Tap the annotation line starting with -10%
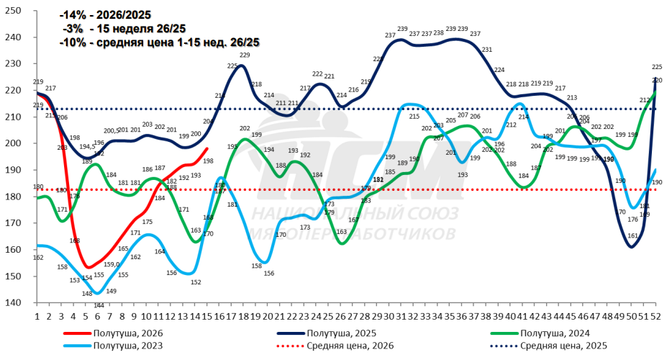[159, 42]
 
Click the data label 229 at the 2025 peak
[245, 55]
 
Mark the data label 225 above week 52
[657, 67]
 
